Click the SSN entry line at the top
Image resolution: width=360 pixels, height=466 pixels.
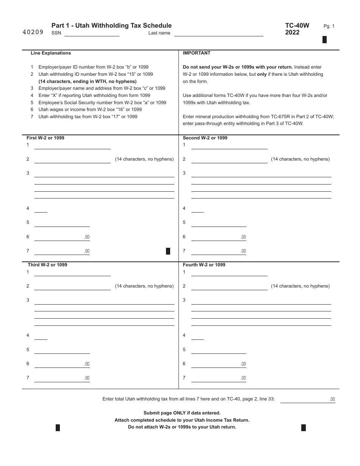tap(92, 33)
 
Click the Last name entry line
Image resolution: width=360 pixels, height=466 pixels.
tap(219, 33)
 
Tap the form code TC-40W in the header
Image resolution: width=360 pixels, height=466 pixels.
tap(297, 25)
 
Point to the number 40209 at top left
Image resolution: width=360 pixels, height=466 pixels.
tap(33, 33)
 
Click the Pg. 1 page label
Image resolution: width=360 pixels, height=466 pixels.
tap(329, 26)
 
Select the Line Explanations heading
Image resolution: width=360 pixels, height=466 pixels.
tap(51, 53)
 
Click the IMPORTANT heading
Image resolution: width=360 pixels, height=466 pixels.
tap(196, 53)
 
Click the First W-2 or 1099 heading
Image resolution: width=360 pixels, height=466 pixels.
tap(45, 138)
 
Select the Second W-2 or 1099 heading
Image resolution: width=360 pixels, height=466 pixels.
tap(205, 138)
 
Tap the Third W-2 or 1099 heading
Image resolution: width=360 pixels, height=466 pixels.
tap(47, 265)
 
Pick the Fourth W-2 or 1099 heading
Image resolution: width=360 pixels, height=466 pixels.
tap(204, 265)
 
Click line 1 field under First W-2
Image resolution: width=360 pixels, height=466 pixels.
tap(72, 146)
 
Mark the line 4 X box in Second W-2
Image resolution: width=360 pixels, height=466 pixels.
tap(197, 209)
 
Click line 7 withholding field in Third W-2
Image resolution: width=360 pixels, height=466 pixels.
tap(62, 378)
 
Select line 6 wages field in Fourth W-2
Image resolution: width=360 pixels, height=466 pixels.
tap(219, 364)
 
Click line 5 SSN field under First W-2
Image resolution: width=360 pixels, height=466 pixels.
tap(62, 223)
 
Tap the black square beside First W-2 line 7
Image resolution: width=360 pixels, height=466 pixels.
tap(168, 251)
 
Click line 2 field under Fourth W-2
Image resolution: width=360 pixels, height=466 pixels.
tap(229, 286)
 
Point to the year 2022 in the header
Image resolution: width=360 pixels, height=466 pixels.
tap(292, 33)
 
